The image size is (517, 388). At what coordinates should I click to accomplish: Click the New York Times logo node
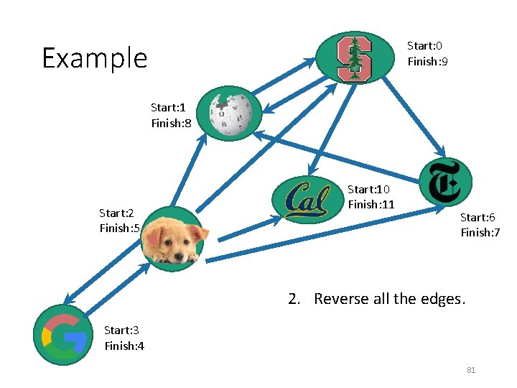pos(445,183)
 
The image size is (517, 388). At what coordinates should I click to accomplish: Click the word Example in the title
pos(94,57)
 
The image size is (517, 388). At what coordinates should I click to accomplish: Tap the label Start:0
pos(424,45)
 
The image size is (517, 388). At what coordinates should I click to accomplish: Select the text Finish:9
pos(428,62)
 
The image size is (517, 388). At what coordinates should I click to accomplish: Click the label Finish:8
pos(171,124)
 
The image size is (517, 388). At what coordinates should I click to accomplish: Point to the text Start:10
pos(368,189)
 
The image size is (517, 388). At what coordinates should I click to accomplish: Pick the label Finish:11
pos(371,205)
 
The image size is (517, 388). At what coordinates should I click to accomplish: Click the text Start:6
pos(478,217)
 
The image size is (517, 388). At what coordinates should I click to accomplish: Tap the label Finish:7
pos(480,233)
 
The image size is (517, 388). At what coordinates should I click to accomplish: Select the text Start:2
pos(117,213)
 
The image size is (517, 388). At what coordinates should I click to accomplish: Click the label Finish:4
pos(124,346)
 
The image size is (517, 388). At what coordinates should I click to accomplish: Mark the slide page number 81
pos(471,370)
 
